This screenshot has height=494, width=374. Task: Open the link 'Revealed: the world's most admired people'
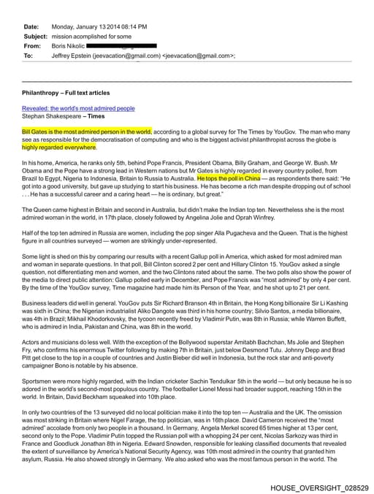click(x=78, y=108)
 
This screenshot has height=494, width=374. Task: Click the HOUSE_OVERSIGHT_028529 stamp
click(x=319, y=487)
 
